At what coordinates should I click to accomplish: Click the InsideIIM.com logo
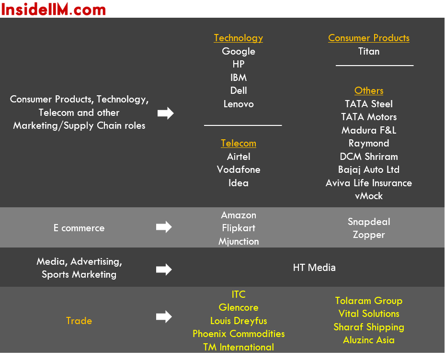point(53,9)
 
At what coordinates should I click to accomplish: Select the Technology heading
point(239,38)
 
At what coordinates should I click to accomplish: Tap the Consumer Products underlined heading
point(369,38)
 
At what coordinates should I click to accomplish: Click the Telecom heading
point(239,143)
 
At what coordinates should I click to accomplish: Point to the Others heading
point(369,90)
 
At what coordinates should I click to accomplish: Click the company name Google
point(239,51)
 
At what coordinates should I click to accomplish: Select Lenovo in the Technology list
point(239,104)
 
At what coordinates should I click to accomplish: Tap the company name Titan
point(369,51)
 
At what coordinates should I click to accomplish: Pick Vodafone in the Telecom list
point(239,169)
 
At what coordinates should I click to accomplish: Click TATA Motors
point(369,117)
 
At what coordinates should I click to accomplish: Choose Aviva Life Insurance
point(369,183)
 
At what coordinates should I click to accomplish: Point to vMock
point(369,196)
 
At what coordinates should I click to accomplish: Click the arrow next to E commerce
point(164,227)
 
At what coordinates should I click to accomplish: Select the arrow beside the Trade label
point(164,316)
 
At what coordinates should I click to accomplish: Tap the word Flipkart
point(239,228)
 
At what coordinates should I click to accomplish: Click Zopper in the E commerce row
point(369,235)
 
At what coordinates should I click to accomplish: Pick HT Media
point(314,268)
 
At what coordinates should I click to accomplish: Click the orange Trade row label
point(79,321)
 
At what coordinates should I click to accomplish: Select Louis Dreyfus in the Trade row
point(239,321)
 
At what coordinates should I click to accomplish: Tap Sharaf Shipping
point(369,327)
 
